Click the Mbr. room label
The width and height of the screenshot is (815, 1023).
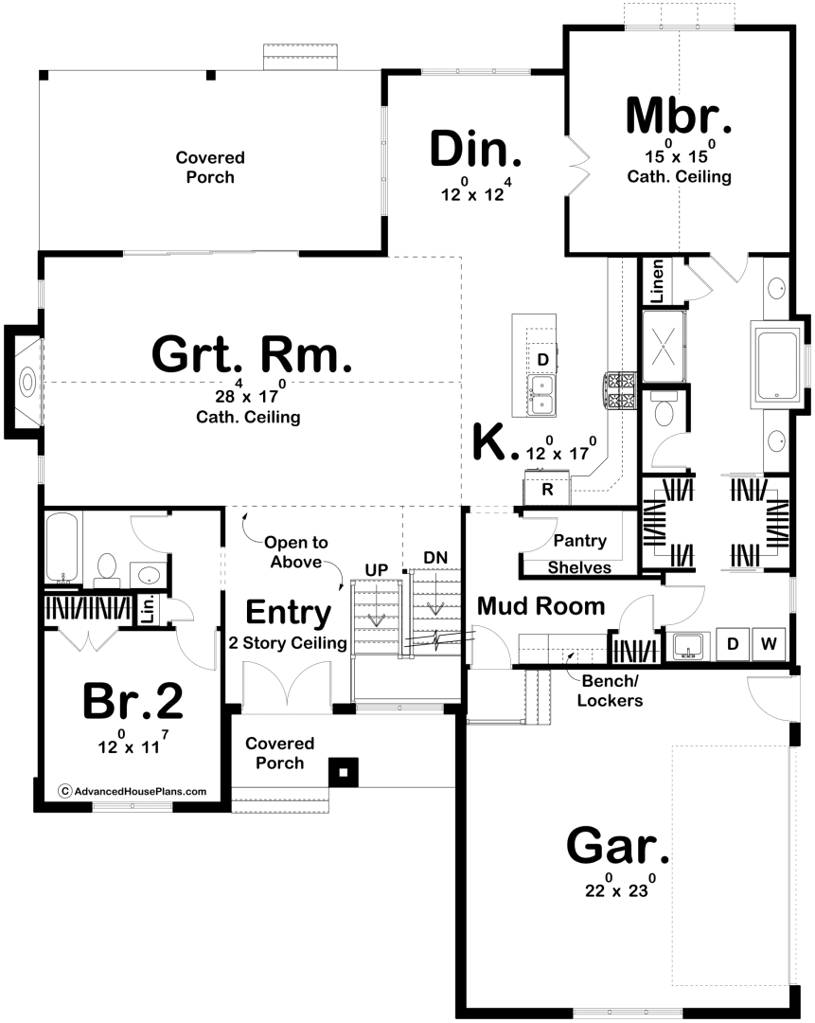point(678,117)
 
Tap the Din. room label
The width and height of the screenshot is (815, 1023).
point(476,149)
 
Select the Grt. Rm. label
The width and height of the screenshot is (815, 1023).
point(252,354)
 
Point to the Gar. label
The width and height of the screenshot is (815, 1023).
point(617,846)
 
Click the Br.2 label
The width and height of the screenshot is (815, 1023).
point(133,701)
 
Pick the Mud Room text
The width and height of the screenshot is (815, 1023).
point(541,606)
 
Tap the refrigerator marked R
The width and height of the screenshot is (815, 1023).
point(547,490)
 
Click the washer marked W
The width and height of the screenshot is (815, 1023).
point(769,644)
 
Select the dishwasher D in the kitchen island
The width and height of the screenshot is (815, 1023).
point(542,359)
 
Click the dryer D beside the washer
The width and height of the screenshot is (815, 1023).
point(733,644)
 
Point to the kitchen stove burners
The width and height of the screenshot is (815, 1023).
point(619,391)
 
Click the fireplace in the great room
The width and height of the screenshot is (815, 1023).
point(25,382)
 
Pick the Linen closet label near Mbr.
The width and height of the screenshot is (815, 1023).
point(657,281)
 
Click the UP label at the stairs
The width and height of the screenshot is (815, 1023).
point(376,570)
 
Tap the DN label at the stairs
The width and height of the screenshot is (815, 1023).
point(435,558)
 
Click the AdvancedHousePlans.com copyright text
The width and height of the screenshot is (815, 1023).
point(133,791)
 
